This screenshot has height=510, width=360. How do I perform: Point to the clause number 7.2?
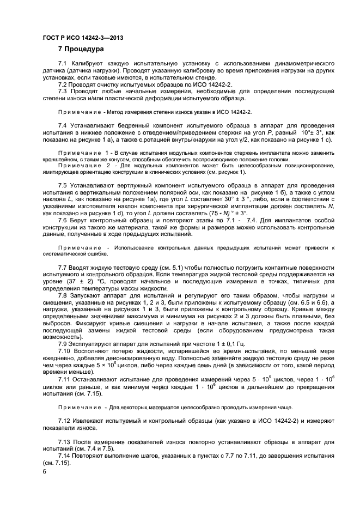pos(64,84)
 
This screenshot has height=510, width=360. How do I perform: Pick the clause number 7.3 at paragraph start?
pos(64,92)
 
